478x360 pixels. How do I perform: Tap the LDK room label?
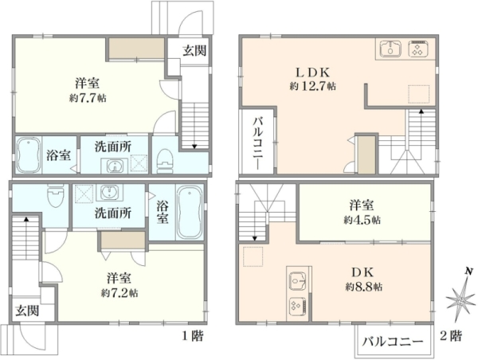[x=313, y=72]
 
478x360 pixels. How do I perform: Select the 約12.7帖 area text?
[x=313, y=86]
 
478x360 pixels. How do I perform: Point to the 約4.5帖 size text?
[x=362, y=220]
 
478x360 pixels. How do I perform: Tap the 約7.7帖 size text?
[x=88, y=98]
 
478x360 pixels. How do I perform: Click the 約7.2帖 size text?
[x=119, y=293]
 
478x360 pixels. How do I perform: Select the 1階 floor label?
[x=193, y=336]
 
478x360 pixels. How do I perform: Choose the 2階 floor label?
[x=451, y=336]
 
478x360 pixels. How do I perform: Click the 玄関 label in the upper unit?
[x=194, y=51]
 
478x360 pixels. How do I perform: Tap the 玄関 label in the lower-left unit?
[x=27, y=311]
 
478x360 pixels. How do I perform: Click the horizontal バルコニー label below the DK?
[x=393, y=342]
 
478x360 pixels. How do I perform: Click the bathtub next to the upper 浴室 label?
[x=29, y=155]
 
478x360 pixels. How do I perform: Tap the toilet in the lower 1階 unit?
[x=56, y=195]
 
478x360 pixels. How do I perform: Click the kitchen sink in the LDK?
[x=390, y=49]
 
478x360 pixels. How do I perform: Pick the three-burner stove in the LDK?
[x=418, y=49]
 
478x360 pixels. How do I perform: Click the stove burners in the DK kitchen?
[x=298, y=306]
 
